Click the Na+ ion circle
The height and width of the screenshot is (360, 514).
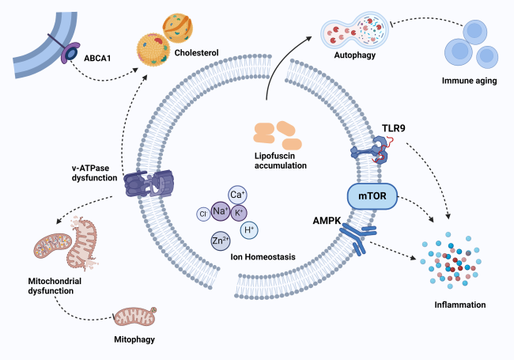[x=220, y=212]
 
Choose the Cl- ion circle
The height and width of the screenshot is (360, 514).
[x=203, y=212]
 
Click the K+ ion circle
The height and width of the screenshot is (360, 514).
[x=238, y=212]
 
